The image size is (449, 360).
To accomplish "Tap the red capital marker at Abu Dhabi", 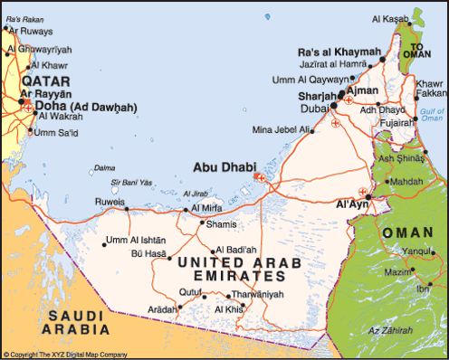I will [x=262, y=177].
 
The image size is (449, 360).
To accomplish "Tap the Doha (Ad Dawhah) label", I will [x=85, y=107].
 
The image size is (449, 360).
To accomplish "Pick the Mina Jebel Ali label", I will [x=282, y=130].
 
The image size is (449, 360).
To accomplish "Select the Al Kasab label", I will [x=389, y=19].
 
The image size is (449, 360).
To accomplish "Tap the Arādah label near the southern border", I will [x=161, y=309].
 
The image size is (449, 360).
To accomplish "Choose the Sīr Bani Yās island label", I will [x=129, y=182].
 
